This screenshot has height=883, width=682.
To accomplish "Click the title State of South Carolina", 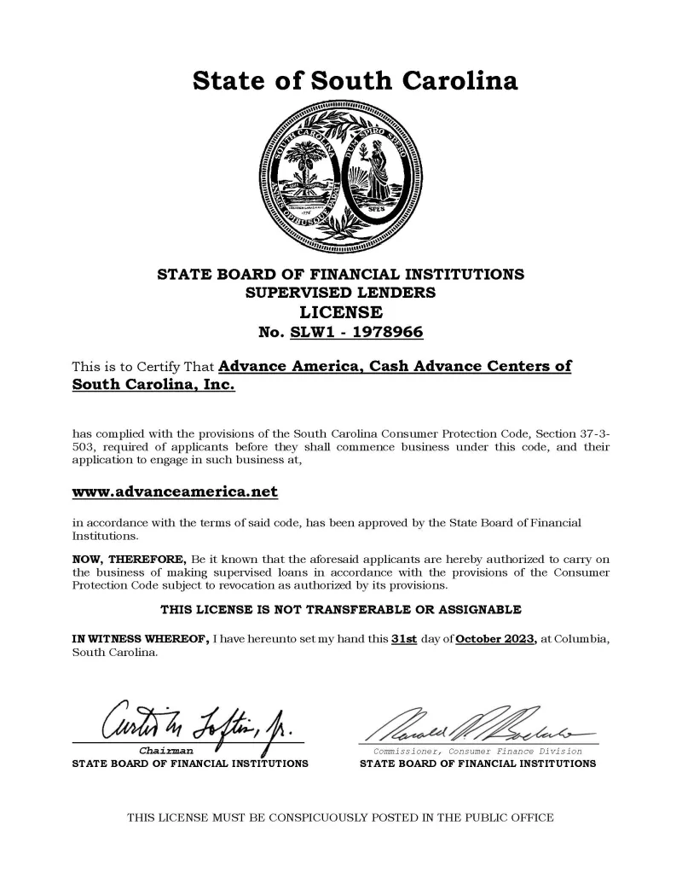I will (355, 81).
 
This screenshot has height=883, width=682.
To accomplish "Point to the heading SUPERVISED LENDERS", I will (340, 293).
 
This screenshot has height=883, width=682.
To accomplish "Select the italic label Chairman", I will (171, 751).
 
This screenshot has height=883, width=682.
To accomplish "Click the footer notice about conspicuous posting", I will (340, 817).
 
